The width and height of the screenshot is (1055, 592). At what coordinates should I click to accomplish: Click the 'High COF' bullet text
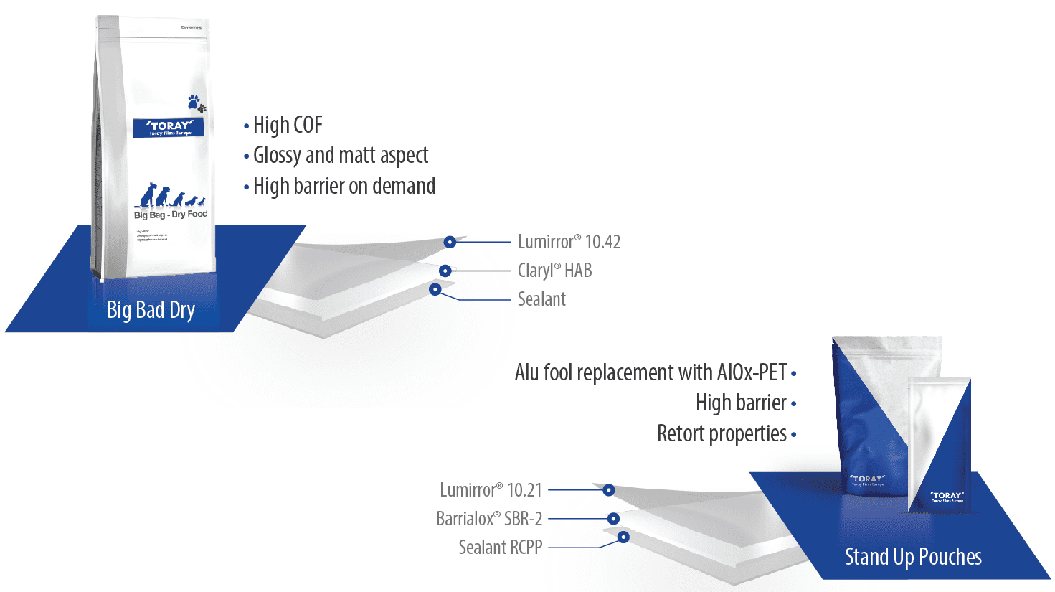point(288,125)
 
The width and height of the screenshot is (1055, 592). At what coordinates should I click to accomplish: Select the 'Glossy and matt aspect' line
point(341,155)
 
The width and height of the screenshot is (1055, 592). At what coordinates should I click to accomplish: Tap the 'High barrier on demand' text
point(344,186)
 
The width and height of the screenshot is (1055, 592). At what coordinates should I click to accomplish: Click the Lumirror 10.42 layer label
point(569,242)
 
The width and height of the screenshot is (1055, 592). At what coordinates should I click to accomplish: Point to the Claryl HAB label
point(554,271)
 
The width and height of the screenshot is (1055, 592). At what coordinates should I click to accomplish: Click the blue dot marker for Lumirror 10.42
point(450,243)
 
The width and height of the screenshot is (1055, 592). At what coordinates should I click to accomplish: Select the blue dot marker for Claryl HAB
point(445,271)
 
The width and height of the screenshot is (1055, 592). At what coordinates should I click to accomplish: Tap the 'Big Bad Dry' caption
point(151,310)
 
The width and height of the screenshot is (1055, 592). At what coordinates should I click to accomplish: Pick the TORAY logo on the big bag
point(169,127)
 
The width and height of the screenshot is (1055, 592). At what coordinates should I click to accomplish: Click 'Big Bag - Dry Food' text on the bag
point(171,214)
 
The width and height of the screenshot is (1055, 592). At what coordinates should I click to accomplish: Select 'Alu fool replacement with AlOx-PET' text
point(650,372)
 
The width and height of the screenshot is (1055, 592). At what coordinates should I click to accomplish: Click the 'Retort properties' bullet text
point(722,433)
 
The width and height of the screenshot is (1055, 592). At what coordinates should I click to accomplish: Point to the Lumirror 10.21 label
point(491,490)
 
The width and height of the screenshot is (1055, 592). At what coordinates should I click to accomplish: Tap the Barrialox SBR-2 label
point(489,518)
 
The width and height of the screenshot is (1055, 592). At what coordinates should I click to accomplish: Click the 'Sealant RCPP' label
point(500,548)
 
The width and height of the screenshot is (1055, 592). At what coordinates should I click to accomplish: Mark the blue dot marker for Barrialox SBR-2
point(613,518)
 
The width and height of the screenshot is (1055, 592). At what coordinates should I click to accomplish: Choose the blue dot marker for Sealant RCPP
point(623,537)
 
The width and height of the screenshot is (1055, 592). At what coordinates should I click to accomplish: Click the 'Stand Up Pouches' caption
point(912,557)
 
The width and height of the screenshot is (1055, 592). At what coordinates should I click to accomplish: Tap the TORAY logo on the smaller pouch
point(947,496)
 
